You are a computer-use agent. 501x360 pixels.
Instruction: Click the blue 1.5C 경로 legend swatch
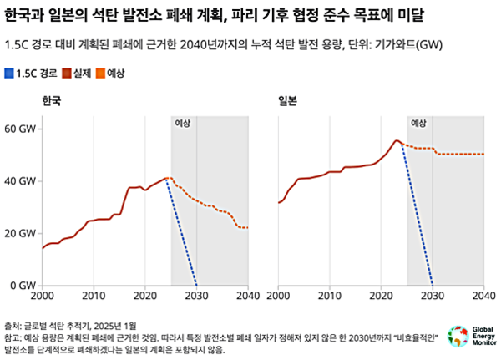(9, 74)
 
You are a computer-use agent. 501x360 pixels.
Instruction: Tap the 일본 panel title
(288, 100)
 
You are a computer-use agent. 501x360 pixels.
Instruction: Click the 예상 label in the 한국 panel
(183, 123)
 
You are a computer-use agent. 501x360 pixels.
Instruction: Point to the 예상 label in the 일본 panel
(419, 123)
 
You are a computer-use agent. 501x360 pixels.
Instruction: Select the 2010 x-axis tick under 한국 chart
(94, 296)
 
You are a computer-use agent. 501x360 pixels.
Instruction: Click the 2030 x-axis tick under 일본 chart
(433, 296)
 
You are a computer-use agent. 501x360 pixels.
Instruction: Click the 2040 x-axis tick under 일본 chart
(483, 296)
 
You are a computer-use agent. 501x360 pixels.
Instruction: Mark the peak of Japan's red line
(397, 140)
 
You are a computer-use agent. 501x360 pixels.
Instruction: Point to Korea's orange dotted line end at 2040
(247, 227)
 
